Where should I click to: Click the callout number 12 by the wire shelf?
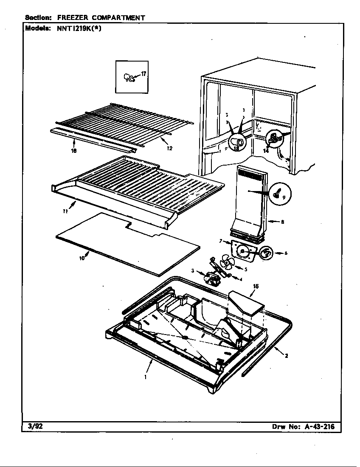coord(169,148)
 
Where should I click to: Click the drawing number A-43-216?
coord(318,427)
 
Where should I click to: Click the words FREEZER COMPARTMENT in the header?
coord(101,18)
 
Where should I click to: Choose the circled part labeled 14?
coord(273,137)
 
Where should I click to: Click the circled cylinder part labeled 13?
coord(237,142)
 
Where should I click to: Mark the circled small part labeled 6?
coord(267,253)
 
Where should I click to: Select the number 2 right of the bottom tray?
coord(286,356)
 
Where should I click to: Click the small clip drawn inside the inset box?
coord(129,77)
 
